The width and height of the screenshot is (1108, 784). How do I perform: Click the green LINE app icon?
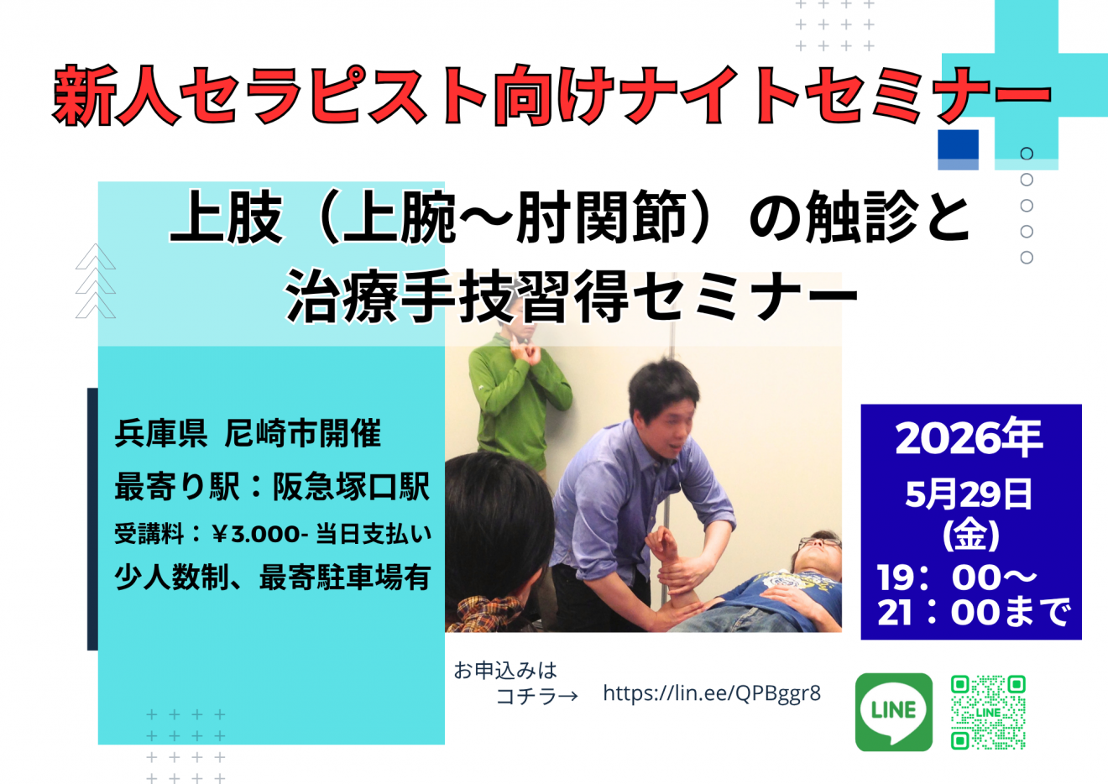click(893, 712)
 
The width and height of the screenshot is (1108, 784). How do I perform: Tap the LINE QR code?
click(988, 713)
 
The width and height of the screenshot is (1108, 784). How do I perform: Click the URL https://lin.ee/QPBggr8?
click(712, 693)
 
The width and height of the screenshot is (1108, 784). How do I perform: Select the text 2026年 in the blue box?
click(969, 438)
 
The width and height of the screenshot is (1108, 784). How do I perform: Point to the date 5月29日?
click(969, 494)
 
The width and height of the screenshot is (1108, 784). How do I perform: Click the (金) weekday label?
click(971, 534)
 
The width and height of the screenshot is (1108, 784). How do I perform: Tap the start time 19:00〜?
click(957, 578)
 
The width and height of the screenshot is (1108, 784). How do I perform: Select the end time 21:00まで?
click(974, 613)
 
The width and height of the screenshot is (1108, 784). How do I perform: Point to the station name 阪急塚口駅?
click(351, 487)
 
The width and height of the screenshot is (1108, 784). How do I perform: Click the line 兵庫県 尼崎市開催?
click(248, 434)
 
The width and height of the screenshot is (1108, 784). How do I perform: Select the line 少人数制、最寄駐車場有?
click(272, 578)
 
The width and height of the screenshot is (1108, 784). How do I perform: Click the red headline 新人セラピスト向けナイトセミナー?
click(551, 96)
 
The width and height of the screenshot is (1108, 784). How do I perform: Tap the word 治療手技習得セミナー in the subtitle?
click(572, 296)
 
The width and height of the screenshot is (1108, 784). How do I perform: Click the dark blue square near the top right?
click(958, 144)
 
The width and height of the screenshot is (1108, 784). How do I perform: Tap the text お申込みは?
click(505, 671)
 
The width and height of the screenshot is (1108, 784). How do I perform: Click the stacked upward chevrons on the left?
click(96, 281)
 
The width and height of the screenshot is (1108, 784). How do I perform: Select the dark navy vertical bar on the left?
click(92, 519)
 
